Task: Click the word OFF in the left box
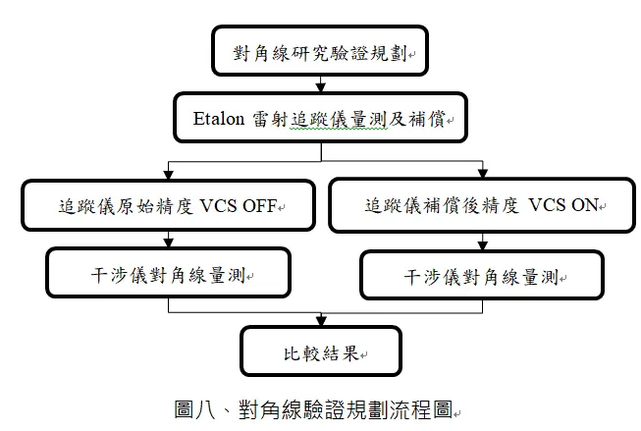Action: (x=262, y=207)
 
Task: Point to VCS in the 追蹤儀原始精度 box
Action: (x=221, y=207)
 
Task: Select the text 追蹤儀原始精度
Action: (x=125, y=207)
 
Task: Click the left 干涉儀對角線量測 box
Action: (x=170, y=272)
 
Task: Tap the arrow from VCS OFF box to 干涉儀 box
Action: (x=170, y=240)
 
